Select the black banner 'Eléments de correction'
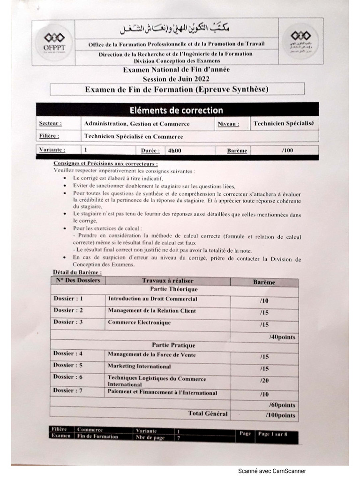click(176, 110)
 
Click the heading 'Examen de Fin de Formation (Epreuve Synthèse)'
click(177, 89)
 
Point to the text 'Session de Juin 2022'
click(176, 79)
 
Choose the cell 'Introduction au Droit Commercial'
click(152, 299)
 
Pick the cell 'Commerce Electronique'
click(139, 322)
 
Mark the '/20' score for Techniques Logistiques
click(264, 381)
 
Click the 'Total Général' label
click(208, 413)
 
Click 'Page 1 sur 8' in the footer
click(272, 434)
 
